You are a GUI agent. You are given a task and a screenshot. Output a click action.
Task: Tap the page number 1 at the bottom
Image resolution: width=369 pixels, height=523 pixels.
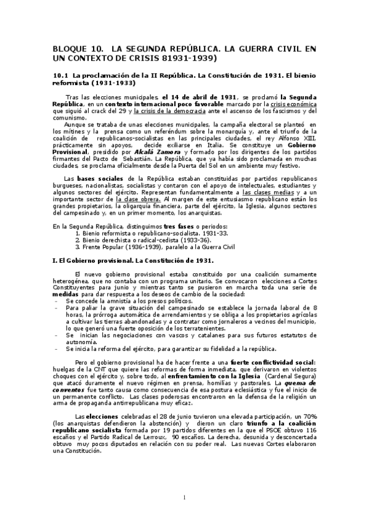[x=184, y=498]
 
